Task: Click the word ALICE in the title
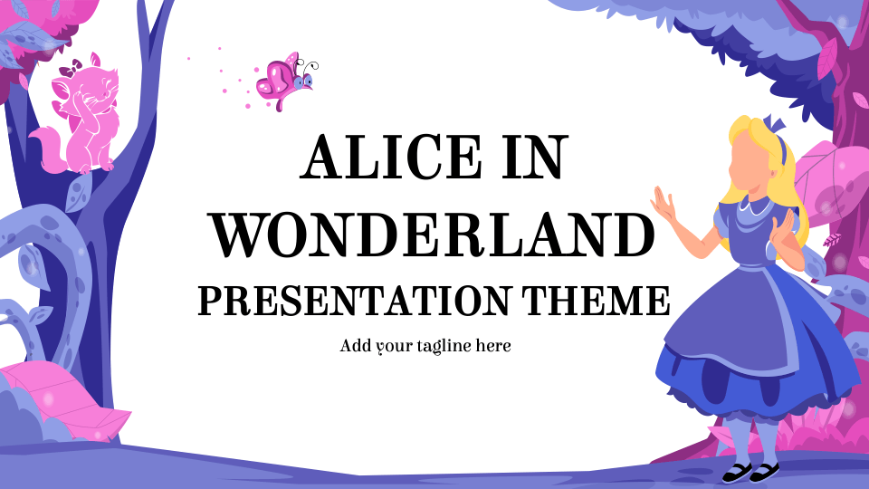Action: pos(391,157)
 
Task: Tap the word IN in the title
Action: pos(535,157)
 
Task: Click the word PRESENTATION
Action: pos(354,300)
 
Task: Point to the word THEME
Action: pos(596,300)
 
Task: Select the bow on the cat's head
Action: pos(71,68)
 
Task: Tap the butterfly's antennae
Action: pos(310,65)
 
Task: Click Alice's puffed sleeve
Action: pos(727,219)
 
